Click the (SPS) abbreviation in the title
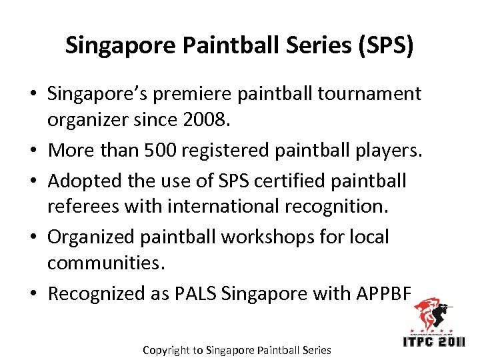[387, 45]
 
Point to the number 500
[169, 151]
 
